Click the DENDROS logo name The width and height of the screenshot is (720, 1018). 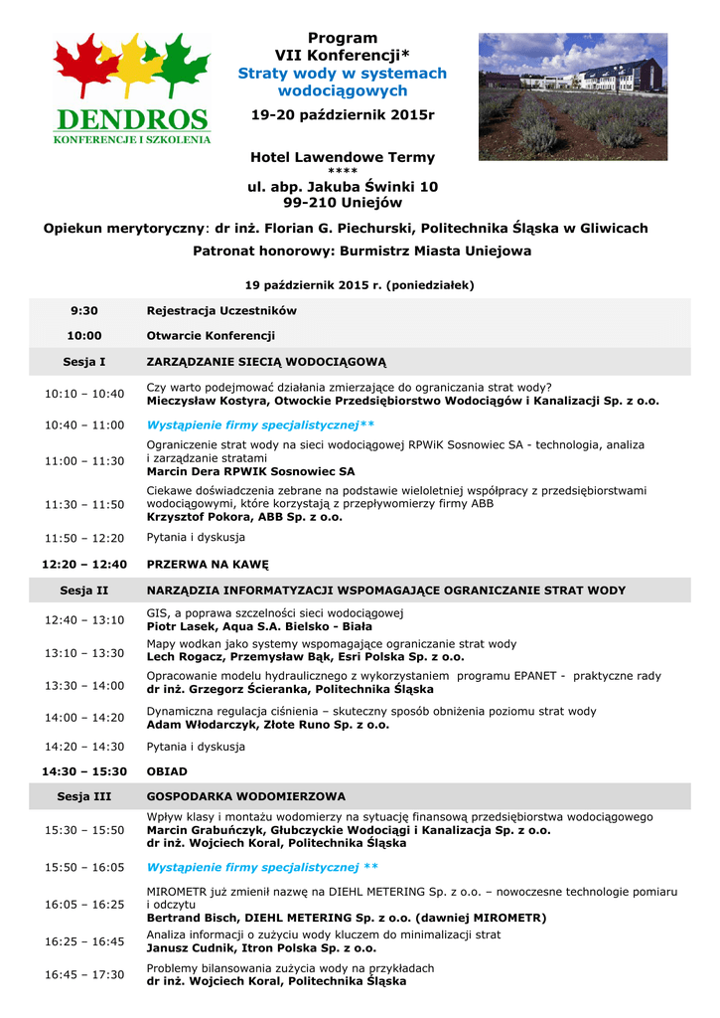coord(132,119)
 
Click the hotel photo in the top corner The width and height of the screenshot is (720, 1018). coord(572,96)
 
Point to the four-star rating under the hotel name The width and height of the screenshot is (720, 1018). coord(342,172)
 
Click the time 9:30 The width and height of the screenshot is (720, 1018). coord(84,310)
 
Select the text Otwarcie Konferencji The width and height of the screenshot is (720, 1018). coord(211,336)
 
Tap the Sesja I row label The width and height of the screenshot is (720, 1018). coord(84,362)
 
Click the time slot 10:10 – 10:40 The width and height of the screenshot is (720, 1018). coord(84,395)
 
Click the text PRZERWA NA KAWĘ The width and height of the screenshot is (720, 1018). coord(208,565)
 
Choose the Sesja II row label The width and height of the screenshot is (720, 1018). coord(84,591)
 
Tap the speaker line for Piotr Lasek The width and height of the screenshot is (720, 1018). coord(259,627)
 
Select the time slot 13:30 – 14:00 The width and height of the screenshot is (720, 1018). coord(84,686)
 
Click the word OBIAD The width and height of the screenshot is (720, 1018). coord(167,771)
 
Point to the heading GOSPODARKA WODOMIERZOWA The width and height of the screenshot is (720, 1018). coord(245,797)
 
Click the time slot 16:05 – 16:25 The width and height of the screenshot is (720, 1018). coord(84,905)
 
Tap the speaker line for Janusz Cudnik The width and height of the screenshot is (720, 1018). coord(267,948)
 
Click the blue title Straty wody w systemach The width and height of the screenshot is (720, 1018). coord(342,74)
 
